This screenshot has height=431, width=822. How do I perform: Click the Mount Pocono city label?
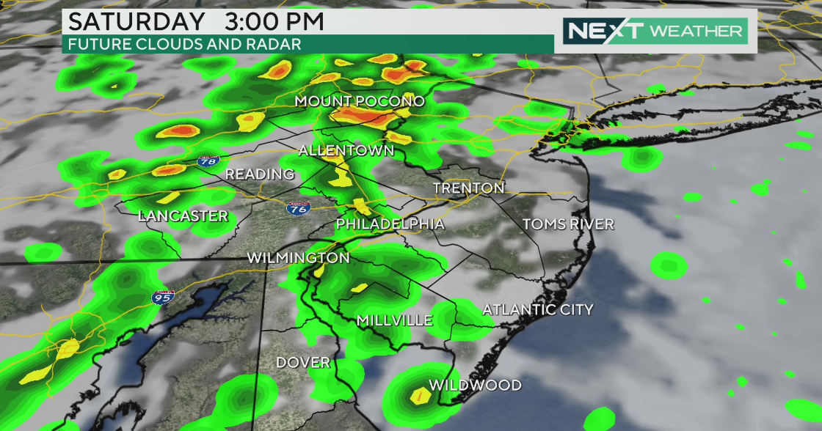[x=360, y=101]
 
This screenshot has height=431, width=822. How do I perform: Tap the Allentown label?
[x=346, y=150]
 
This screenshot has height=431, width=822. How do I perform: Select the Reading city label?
[x=259, y=174]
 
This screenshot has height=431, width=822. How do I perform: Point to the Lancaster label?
[x=183, y=216]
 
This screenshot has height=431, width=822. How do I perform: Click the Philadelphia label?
[x=390, y=224]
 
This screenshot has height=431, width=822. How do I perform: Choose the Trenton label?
[x=468, y=188]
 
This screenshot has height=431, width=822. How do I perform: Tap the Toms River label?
[x=567, y=224]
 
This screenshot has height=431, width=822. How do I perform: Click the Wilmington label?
[x=298, y=258]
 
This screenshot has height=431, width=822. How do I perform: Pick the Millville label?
[x=393, y=320]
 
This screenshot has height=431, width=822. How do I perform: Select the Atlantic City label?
[x=537, y=310]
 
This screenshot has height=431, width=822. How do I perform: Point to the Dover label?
[x=303, y=363]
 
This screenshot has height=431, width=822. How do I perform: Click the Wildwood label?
[x=475, y=386]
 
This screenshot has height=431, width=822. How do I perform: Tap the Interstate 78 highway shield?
[x=206, y=161]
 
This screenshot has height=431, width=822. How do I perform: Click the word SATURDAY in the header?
[x=133, y=21]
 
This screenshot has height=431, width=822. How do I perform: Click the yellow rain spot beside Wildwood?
[x=421, y=397]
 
